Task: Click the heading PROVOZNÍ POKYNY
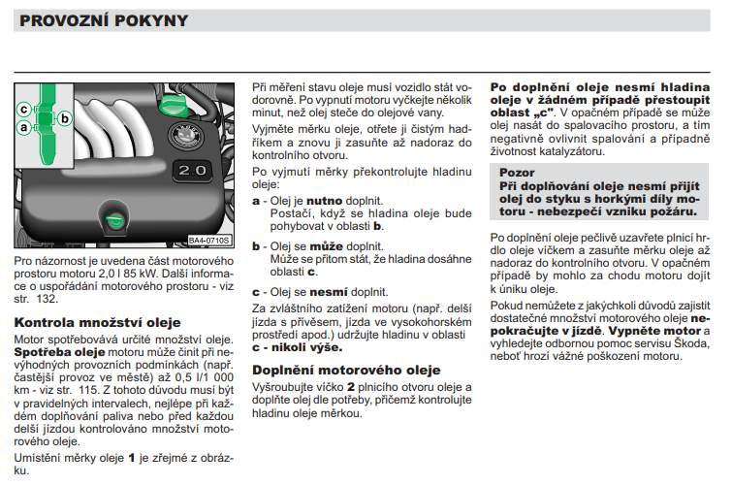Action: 104,20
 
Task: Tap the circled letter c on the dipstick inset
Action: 23,108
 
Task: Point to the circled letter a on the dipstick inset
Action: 23,126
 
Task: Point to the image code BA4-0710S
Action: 208,240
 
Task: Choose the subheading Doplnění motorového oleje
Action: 346,370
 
